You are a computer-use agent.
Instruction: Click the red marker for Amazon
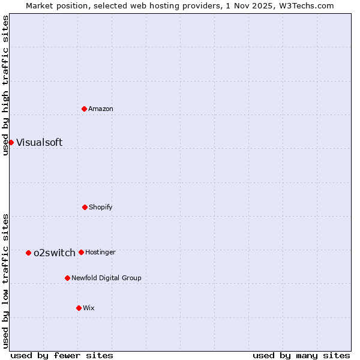(85, 109)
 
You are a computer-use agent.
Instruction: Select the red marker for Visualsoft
(11, 142)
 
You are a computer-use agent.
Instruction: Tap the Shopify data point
(85, 207)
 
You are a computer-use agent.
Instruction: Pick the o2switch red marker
(28, 253)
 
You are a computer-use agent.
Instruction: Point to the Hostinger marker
(81, 252)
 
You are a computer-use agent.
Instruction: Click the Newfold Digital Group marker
(67, 278)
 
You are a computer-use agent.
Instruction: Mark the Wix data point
(79, 308)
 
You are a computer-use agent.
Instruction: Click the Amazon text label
(101, 109)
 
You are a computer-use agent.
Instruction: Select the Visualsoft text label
(39, 142)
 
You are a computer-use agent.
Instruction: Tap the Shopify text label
(101, 207)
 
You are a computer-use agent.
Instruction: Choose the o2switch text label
(54, 253)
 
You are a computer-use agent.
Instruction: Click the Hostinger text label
(100, 252)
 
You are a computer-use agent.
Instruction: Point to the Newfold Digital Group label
(106, 278)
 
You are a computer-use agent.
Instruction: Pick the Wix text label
(89, 308)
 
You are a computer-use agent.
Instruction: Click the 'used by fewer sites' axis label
(61, 355)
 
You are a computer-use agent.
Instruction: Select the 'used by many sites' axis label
(301, 355)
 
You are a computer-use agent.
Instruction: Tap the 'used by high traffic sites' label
(5, 85)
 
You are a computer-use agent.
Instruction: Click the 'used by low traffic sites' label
(5, 280)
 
